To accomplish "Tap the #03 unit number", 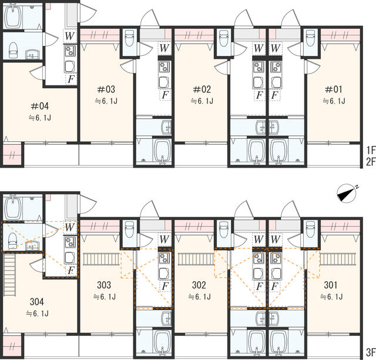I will [106, 89].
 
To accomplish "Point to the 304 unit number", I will [37, 302].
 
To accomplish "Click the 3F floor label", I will [370, 352].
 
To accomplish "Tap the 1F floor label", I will [370, 150].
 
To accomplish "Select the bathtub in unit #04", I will [14, 16].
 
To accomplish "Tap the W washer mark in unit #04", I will [70, 35].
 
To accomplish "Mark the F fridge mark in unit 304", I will [70, 270].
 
